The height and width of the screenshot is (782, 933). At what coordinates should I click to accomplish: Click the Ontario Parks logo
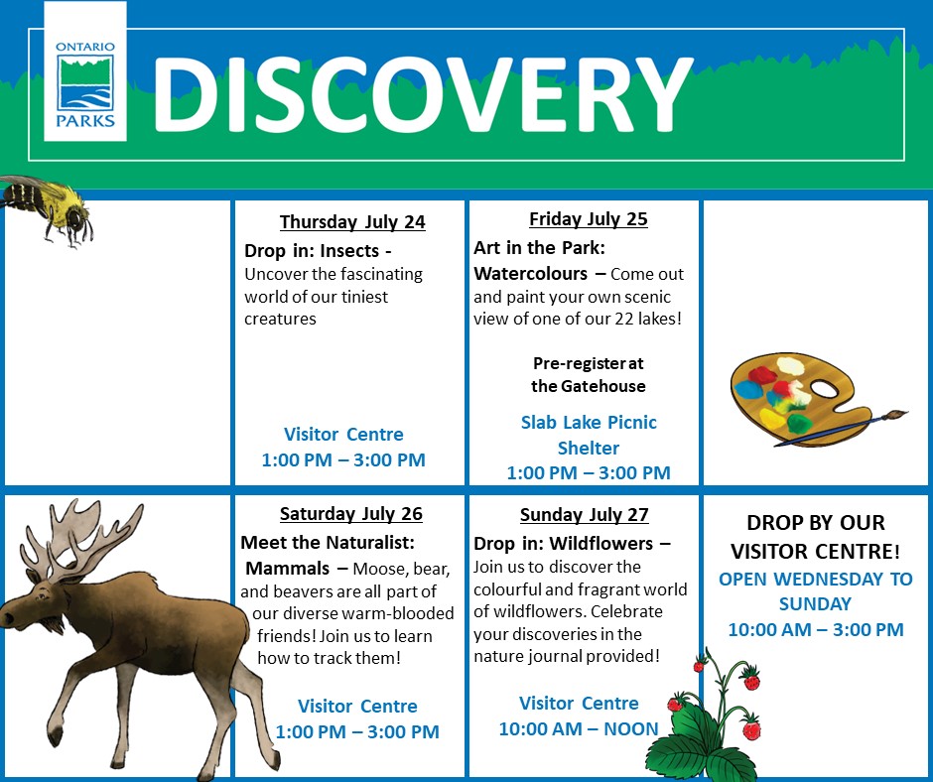pos(85,84)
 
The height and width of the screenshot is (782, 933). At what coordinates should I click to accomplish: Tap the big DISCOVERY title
pos(422,92)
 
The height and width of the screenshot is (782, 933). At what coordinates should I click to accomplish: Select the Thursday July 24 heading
pos(351,221)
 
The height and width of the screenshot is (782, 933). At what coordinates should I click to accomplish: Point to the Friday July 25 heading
pos(588,219)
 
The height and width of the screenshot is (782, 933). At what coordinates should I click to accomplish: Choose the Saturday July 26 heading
pos(350,513)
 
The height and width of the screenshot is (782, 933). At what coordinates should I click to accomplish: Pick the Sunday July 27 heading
pos(584,514)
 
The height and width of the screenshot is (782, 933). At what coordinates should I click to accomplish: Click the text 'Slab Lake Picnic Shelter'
pos(589,435)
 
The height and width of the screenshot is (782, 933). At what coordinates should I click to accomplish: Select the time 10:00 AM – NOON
pos(579,728)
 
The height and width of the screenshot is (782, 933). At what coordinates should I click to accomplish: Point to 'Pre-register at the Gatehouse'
pos(588,374)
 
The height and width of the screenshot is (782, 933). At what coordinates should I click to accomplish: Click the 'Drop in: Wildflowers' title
pos(572,544)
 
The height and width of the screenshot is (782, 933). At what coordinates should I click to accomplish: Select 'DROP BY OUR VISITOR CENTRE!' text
pos(815,536)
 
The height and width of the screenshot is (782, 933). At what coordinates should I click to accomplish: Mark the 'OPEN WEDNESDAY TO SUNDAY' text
pos(815,591)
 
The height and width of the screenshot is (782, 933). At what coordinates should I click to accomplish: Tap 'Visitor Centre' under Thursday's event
pos(343,434)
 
